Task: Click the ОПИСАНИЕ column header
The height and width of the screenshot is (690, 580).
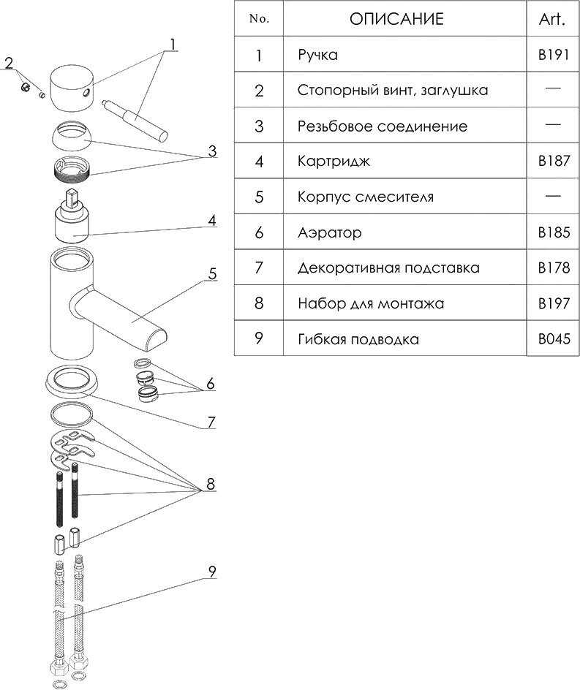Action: click(396, 19)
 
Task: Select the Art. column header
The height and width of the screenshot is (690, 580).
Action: click(552, 19)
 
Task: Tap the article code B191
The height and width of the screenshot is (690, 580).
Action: click(552, 56)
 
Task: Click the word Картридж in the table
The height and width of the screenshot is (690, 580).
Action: click(334, 162)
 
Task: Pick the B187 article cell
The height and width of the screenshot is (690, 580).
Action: click(552, 162)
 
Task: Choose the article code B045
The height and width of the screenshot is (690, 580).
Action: click(552, 339)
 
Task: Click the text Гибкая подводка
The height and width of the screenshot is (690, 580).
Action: click(358, 339)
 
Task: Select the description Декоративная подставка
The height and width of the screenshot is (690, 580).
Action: click(388, 268)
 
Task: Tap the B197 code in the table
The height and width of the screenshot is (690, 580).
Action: click(552, 303)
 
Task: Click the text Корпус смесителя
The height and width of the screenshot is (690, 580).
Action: click(365, 197)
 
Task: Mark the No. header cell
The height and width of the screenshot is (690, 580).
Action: click(259, 19)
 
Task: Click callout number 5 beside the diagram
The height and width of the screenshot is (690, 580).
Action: click(212, 274)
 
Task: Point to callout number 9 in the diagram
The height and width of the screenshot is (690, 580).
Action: click(211, 572)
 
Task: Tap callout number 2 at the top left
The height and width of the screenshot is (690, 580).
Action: click(9, 63)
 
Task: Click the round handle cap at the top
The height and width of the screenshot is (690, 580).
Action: click(69, 86)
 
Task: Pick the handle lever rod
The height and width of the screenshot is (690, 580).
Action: click(135, 116)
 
